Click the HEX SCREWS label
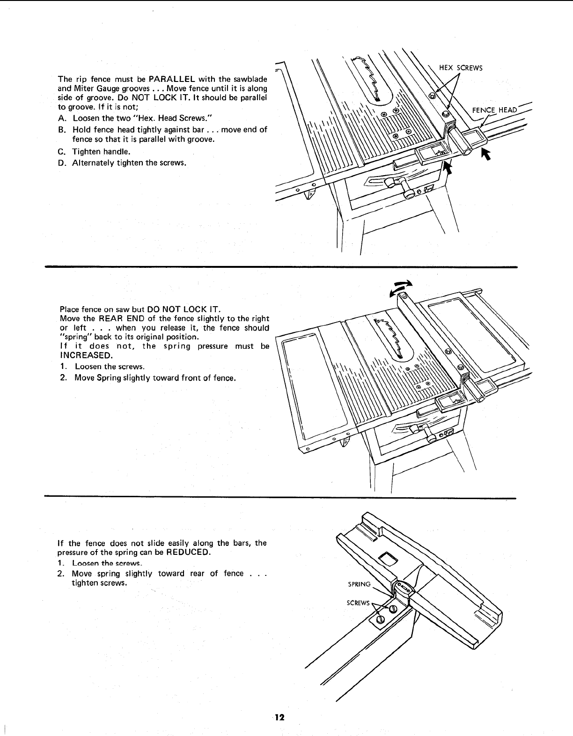pyautogui.click(x=461, y=67)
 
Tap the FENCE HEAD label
pyautogui.click(x=494, y=110)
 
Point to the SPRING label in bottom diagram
pyautogui.click(x=359, y=584)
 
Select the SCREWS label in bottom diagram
pyautogui.click(x=358, y=603)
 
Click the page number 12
pyautogui.click(x=279, y=718)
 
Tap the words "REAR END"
pyautogui.click(x=114, y=318)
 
